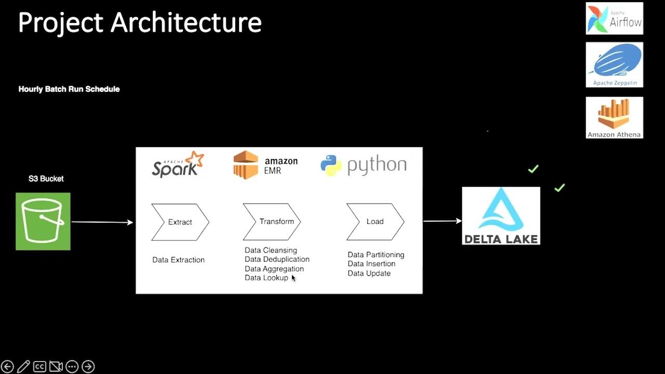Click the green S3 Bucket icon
43,221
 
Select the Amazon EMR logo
265,165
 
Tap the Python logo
363,165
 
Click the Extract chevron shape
180,222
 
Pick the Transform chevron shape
272,222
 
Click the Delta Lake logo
501,216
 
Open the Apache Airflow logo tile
614,19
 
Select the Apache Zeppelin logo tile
614,65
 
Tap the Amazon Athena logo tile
614,118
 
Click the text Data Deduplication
277,259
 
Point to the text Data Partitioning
376,255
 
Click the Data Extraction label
178,260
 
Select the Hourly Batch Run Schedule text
69,89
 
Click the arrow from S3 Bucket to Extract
102,222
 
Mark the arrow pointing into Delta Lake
442,221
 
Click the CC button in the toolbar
39,367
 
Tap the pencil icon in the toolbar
23,367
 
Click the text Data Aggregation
274,269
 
